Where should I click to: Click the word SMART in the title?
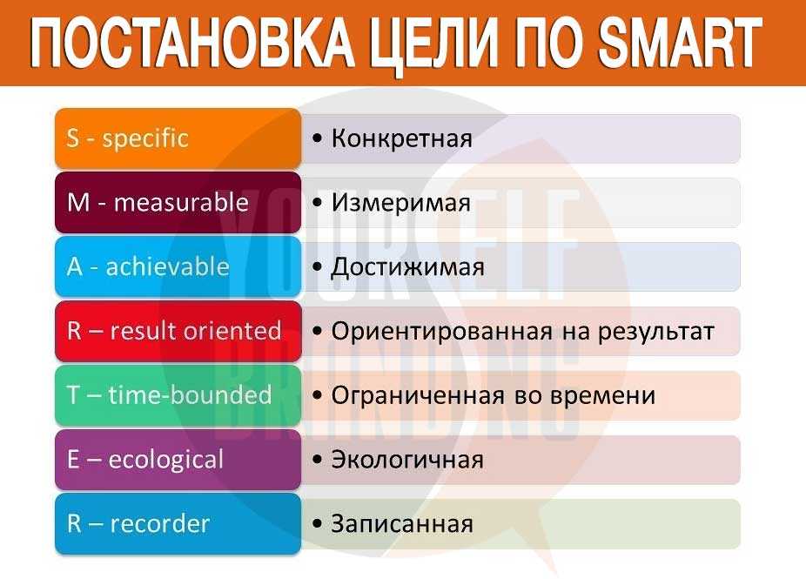pyautogui.click(x=680, y=42)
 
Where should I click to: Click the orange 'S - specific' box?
pyautogui.click(x=178, y=138)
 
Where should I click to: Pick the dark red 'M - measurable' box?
pyautogui.click(x=178, y=202)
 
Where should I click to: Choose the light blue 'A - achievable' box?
pyautogui.click(x=178, y=266)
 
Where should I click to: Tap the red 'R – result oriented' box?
pyautogui.click(x=178, y=331)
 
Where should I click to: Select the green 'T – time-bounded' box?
pyautogui.click(x=178, y=395)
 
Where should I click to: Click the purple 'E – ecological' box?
pyautogui.click(x=178, y=459)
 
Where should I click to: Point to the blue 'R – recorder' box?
pyautogui.click(x=178, y=523)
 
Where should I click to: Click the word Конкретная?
pyautogui.click(x=401, y=138)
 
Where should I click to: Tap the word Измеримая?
pyautogui.click(x=401, y=203)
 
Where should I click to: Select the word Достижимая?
pyautogui.click(x=407, y=267)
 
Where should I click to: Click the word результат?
pyautogui.click(x=656, y=333)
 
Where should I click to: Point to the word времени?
pyautogui.click(x=603, y=396)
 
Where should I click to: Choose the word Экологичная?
pyautogui.click(x=407, y=460)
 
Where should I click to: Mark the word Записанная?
pyautogui.click(x=402, y=524)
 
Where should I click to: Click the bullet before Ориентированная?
pyautogui.click(x=317, y=331)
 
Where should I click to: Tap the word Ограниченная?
pyautogui.click(x=418, y=396)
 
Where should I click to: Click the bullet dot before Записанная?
pyautogui.click(x=317, y=524)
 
